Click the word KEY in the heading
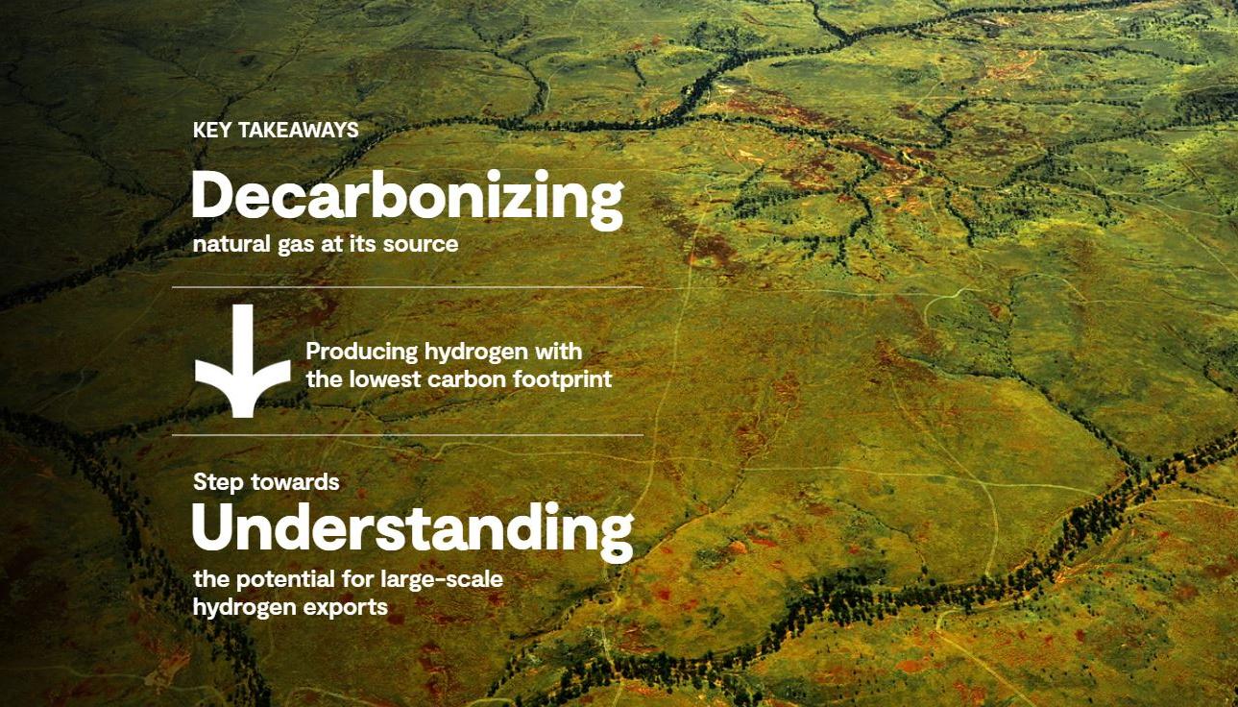pyautogui.click(x=211, y=130)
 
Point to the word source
pyautogui.click(x=421, y=244)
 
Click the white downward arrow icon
pyautogui.click(x=242, y=362)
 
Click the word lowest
pyautogui.click(x=383, y=379)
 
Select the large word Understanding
pyautogui.click(x=413, y=529)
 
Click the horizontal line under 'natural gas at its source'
pyautogui.click(x=407, y=287)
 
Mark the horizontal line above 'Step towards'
pyautogui.click(x=407, y=435)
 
